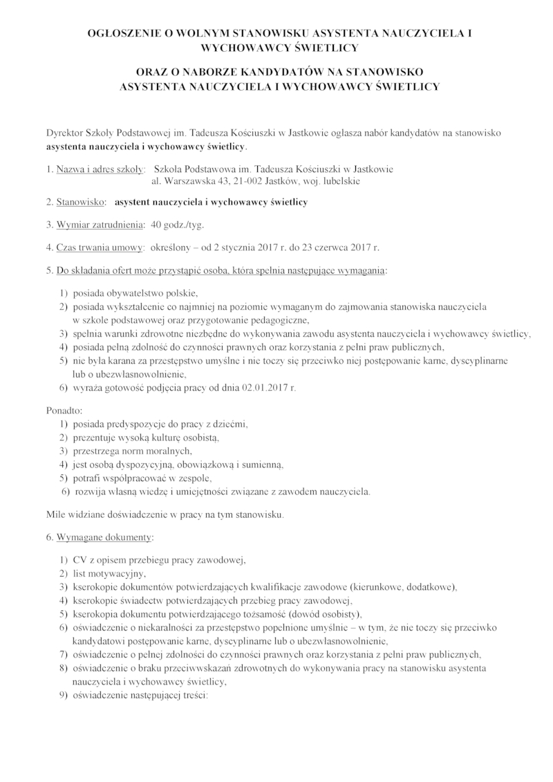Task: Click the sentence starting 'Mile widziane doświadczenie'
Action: (164, 514)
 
